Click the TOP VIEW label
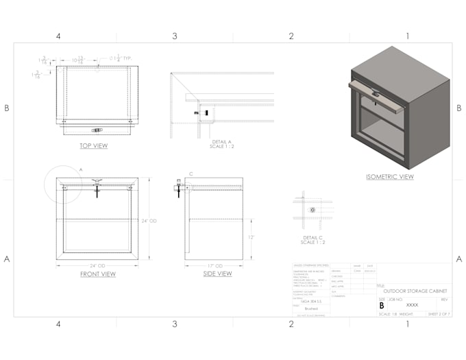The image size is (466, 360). pyautogui.click(x=94, y=145)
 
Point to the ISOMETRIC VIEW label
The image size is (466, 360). pyautogui.click(x=389, y=176)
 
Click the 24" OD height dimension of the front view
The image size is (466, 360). pyautogui.click(x=149, y=221)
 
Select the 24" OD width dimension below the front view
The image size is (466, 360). pyautogui.click(x=97, y=265)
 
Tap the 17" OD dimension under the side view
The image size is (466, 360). pyautogui.click(x=214, y=265)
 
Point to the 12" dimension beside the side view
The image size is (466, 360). pyautogui.click(x=252, y=237)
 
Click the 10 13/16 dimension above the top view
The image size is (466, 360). pyautogui.click(x=79, y=60)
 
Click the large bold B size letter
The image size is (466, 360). pyautogui.click(x=382, y=305)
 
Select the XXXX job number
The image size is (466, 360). pyautogui.click(x=412, y=304)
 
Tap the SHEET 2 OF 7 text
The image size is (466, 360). pyautogui.click(x=438, y=314)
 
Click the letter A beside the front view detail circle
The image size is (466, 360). pyautogui.click(x=80, y=168)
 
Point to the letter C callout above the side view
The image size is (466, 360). pyautogui.click(x=191, y=174)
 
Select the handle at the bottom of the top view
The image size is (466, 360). pyautogui.click(x=97, y=129)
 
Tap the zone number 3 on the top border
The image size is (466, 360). pyautogui.click(x=174, y=36)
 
